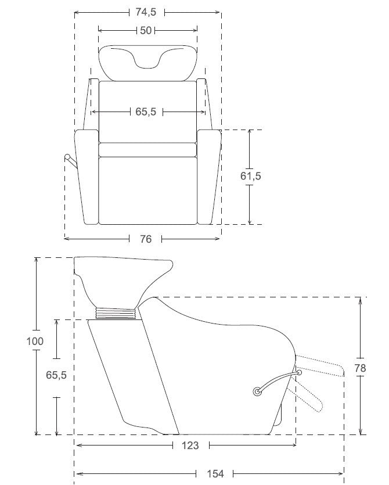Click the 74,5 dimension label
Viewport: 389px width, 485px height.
[x=146, y=12]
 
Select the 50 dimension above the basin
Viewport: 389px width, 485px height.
[x=146, y=31]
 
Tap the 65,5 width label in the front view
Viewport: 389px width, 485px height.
[x=146, y=112]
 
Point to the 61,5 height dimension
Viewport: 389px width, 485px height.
[x=250, y=176]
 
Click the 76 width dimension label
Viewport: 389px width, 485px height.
[x=146, y=239]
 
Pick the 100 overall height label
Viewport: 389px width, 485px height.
[x=35, y=342]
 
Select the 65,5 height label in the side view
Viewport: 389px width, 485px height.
[x=56, y=375]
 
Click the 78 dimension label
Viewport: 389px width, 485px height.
[x=360, y=368]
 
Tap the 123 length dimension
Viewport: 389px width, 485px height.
[x=190, y=446]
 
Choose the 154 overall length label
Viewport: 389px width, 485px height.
[x=215, y=473]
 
